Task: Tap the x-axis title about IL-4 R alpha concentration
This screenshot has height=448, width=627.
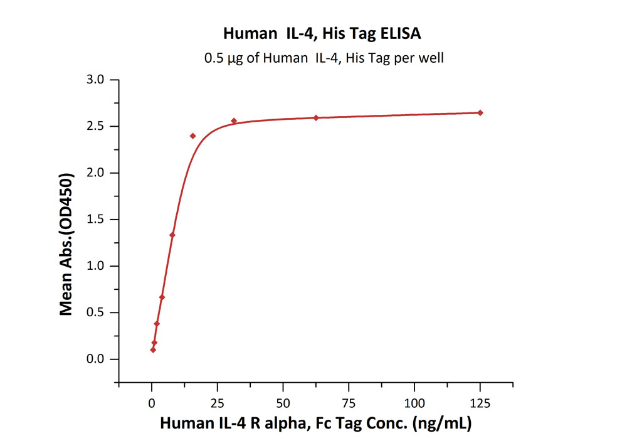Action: [315, 423]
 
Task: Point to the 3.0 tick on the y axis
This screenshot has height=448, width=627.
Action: [97, 80]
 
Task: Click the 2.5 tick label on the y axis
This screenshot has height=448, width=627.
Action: [97, 126]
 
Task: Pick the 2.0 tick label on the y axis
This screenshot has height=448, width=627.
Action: [97, 173]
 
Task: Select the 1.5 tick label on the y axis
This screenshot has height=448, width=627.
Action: [97, 220]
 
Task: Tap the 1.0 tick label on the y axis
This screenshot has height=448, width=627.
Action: [97, 266]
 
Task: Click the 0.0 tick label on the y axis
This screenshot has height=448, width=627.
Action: [97, 360]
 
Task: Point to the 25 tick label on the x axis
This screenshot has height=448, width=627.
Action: [218, 402]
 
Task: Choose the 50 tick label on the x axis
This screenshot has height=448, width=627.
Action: [283, 402]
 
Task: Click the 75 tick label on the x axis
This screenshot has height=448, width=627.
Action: [349, 402]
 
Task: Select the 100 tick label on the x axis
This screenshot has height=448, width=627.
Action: [414, 402]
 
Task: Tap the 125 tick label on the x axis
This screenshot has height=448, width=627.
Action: [480, 402]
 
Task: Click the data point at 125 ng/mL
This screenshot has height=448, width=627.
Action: [480, 113]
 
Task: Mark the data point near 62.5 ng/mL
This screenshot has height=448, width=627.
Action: [316, 117]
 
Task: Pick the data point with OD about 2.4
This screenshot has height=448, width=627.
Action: [192, 136]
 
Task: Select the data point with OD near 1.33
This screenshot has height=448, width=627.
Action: [172, 235]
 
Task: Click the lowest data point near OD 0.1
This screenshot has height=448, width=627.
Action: [153, 349]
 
